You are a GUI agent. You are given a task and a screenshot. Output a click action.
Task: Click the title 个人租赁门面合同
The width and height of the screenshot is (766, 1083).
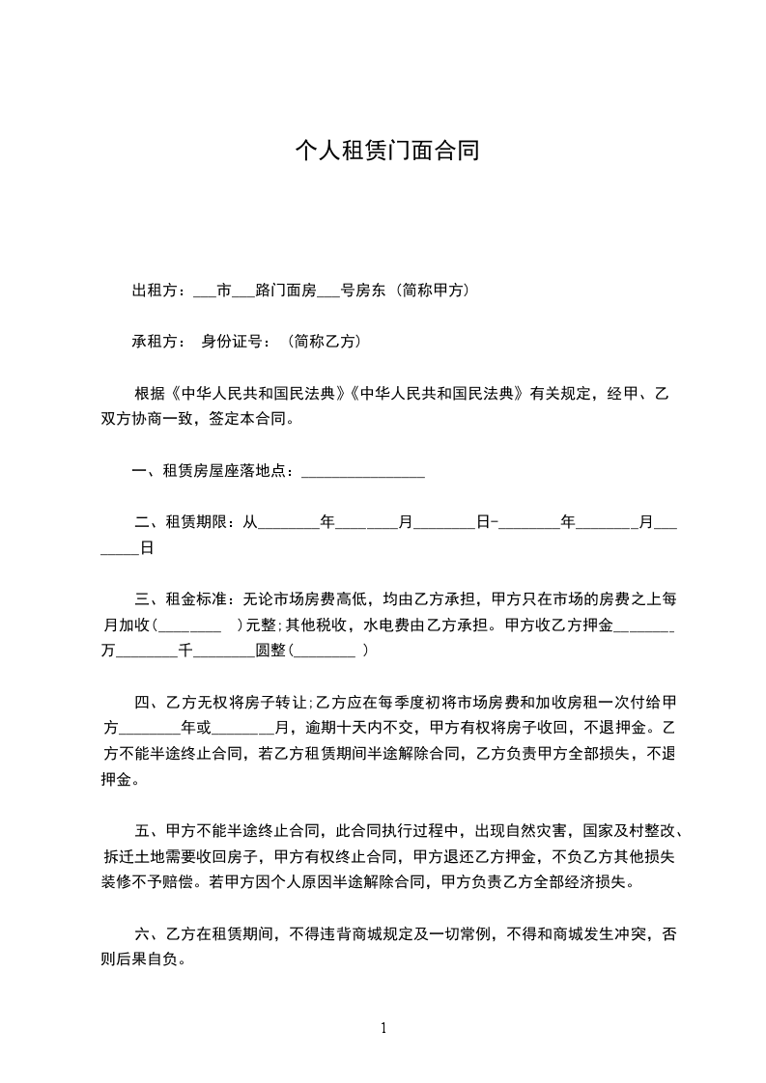pos(386,152)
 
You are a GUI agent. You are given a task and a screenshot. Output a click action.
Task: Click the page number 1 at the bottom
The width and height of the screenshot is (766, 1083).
pos(383,1028)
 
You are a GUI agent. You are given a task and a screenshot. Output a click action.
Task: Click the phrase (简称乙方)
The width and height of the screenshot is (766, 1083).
pos(324,341)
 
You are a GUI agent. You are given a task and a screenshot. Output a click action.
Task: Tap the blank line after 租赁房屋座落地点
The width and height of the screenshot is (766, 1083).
pos(363,472)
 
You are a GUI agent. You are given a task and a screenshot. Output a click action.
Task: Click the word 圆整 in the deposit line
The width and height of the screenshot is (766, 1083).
pos(270,651)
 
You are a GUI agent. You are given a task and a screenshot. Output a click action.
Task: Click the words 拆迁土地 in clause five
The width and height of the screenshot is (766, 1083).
pos(133,855)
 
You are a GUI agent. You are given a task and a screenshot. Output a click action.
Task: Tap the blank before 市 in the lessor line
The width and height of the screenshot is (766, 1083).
pos(205,291)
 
